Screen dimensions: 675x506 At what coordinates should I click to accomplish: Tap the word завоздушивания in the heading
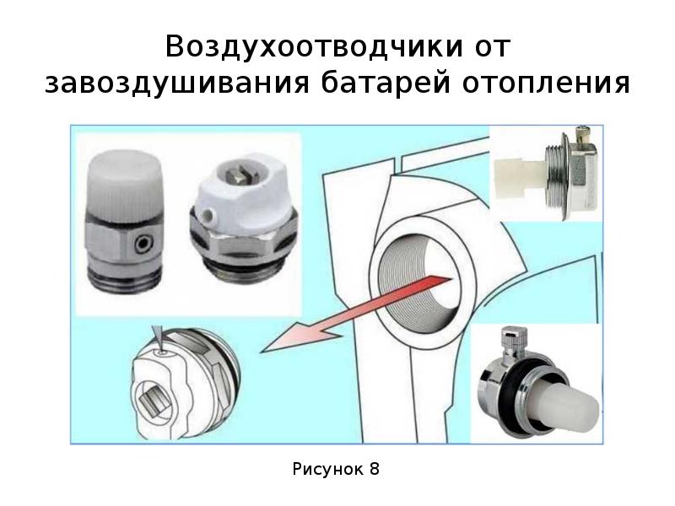pyautogui.click(x=177, y=83)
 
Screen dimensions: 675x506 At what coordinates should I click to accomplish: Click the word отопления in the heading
pyautogui.click(x=546, y=83)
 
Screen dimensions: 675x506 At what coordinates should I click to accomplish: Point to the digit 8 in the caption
pyautogui.click(x=374, y=469)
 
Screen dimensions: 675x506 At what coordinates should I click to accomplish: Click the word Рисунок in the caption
pyautogui.click(x=328, y=470)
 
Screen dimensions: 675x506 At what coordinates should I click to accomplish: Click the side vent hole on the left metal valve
pyautogui.click(x=141, y=245)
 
